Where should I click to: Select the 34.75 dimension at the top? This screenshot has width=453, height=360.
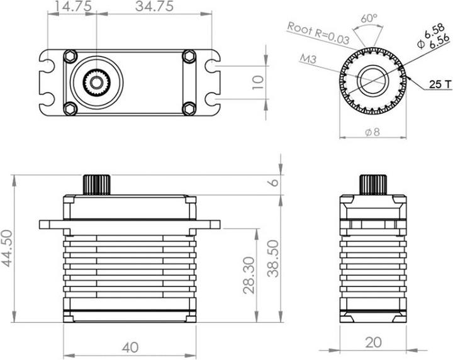pyautogui.click(x=155, y=7)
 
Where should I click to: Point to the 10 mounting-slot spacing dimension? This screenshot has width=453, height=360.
pyautogui.click(x=255, y=81)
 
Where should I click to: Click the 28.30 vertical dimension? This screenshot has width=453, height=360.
pyautogui.click(x=248, y=275)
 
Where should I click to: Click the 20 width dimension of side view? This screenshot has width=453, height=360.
pyautogui.click(x=373, y=342)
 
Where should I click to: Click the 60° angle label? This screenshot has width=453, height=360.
pyautogui.click(x=370, y=18)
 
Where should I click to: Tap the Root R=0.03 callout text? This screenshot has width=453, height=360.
pyautogui.click(x=318, y=31)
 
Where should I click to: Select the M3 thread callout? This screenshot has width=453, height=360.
pyautogui.click(x=308, y=59)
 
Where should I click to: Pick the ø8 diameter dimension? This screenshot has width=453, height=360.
pyautogui.click(x=372, y=133)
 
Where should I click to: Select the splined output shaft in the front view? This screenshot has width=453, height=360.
pyautogui.click(x=98, y=184)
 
